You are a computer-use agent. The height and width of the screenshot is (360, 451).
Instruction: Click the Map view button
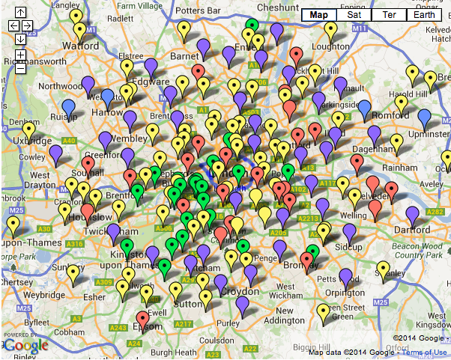318,15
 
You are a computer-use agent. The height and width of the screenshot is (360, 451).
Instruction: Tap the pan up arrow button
20,13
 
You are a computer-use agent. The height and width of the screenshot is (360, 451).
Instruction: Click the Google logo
25,345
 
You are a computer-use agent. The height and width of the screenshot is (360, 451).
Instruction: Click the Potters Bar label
199,11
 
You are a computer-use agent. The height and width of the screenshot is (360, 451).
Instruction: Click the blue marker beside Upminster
425,118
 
